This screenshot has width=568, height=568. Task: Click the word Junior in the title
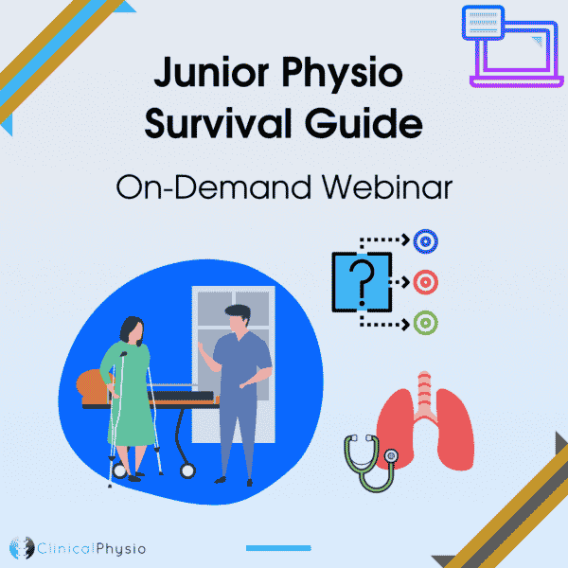pos(211,73)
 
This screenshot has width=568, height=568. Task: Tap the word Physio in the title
pos(343,75)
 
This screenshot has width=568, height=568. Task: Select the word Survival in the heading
pos(218,122)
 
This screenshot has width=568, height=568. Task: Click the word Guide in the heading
pos(364,122)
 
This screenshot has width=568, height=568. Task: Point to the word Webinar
pos(387,186)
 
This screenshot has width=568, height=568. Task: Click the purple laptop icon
pos(512,46)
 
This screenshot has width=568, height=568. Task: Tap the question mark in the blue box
pos(362,282)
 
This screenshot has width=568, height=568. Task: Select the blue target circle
pos(426,241)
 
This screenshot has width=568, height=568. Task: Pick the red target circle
pos(426,282)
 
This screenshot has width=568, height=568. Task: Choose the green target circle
pos(426,323)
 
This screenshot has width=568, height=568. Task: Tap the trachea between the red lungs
pos(424,395)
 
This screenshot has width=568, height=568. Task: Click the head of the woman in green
pos(132,330)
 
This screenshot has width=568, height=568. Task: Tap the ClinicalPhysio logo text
pos(92,548)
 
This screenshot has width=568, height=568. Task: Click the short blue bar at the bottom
pos(278,548)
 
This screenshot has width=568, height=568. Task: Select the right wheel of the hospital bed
pos(187,470)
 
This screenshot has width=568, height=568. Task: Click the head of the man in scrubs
pos(238,318)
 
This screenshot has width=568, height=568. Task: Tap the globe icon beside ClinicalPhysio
pos(22,548)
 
